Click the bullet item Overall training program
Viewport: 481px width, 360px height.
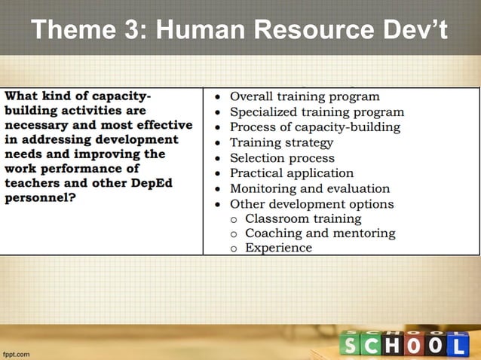tap(305, 96)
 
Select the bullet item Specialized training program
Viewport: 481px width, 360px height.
tap(317, 111)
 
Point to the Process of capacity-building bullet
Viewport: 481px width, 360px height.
tap(314, 127)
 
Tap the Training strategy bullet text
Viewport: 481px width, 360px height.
tap(281, 142)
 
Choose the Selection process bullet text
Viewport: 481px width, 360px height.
tap(282, 158)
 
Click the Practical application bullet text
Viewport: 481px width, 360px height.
tap(291, 173)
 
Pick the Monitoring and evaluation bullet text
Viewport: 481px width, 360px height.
tap(310, 188)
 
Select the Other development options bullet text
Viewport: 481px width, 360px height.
tap(311, 204)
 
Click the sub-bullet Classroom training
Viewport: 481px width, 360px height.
tap(303, 218)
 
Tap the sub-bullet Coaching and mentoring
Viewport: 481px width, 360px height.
tap(320, 233)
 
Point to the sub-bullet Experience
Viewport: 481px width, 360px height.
tap(278, 247)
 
